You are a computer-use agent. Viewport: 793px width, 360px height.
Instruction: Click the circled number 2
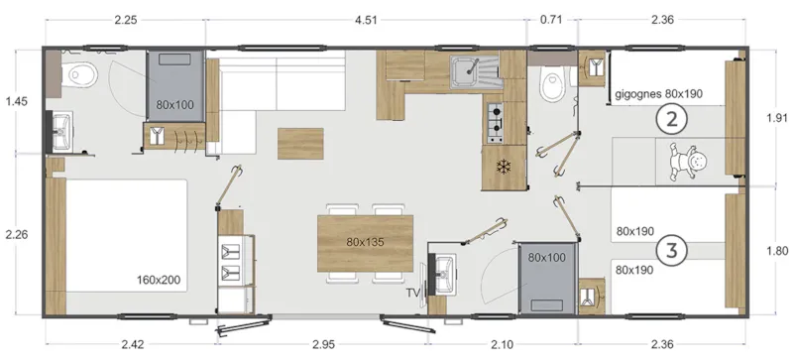pos(672,121)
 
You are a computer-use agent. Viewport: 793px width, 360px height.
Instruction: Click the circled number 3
pos(672,250)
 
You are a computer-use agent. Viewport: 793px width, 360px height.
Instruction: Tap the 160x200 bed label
pos(159,280)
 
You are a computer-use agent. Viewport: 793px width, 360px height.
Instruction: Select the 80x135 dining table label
pos(365,241)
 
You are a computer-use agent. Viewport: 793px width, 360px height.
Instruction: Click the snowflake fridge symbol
pos(503,164)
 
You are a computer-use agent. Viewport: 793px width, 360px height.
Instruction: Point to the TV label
pos(412,294)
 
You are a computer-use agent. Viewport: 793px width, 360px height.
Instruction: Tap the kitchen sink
pos(473,72)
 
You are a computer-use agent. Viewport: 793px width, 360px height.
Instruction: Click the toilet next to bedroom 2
pos(550,86)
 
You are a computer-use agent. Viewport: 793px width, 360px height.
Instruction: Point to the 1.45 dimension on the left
pos(16,101)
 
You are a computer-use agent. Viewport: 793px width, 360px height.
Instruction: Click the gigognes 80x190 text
pos(659,94)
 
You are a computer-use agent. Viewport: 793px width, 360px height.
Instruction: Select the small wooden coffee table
pos(300,144)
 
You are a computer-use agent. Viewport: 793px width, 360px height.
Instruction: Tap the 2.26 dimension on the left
pos(16,235)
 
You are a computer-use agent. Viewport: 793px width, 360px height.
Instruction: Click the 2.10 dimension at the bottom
pos(502,344)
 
